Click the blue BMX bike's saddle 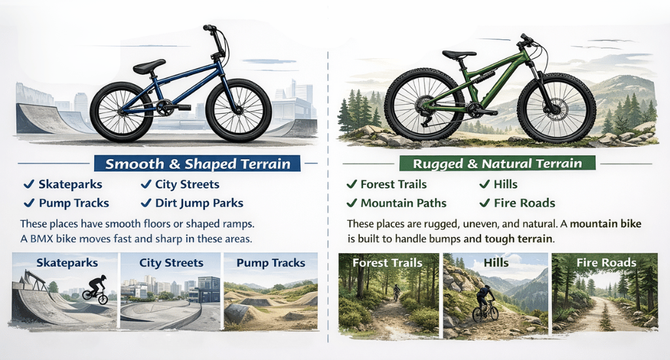coord(149,66)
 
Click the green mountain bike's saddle coord(459,56)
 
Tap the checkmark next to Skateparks coord(29,185)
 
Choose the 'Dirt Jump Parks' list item coord(200,203)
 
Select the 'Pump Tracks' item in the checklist coord(73,203)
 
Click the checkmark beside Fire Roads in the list coord(485,203)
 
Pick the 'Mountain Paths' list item coord(400,203)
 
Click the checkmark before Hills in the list coord(485,185)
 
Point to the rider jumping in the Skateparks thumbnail coord(96,288)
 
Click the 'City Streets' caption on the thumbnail coord(171,263)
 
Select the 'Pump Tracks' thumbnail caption coord(271,263)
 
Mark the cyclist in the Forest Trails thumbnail coord(396,291)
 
